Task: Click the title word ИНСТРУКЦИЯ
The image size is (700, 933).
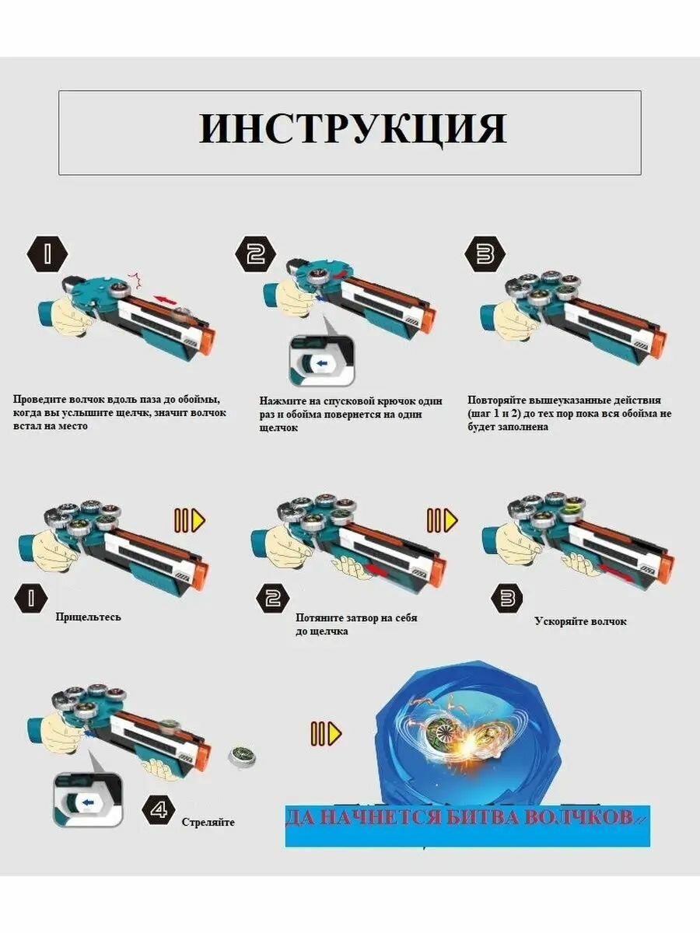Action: pos(352,129)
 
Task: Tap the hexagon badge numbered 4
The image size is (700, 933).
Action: pos(158,810)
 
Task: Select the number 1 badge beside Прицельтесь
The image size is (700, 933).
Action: pos(31,598)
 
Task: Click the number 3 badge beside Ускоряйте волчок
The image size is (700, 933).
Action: pos(506,598)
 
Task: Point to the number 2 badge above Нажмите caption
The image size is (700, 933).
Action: pos(256,254)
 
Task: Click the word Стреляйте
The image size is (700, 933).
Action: pos(208,822)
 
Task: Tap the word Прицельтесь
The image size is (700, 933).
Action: pos(88,617)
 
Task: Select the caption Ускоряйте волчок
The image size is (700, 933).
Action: pos(580,621)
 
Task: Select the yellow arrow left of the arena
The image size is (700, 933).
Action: pos(325,733)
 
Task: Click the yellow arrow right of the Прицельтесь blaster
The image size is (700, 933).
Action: pos(189,520)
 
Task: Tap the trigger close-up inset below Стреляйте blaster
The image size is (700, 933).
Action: pos(87,798)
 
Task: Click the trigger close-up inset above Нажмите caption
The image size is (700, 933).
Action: pos(322,361)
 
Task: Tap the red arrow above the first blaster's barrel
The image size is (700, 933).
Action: pos(164,298)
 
